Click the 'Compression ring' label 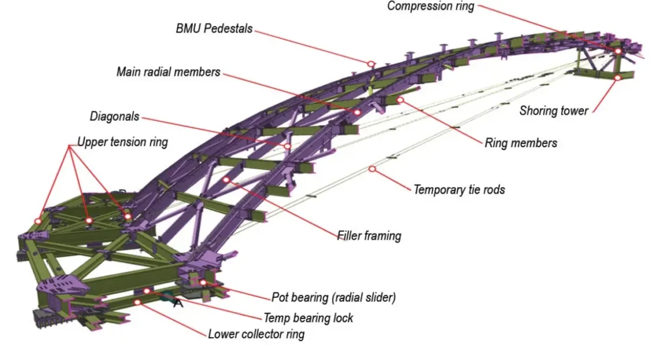(430, 6)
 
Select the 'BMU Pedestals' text (214, 29)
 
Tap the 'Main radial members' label (168, 72)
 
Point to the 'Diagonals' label (114, 117)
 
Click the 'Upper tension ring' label (123, 142)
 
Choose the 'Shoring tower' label (554, 110)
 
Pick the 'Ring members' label (521, 143)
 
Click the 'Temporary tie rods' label (459, 189)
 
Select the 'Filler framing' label (369, 236)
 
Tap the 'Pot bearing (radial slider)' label (334, 297)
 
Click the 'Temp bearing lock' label (308, 317)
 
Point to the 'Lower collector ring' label (256, 334)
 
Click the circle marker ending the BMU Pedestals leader (371, 64)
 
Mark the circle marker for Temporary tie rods (372, 169)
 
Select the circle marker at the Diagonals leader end (288, 146)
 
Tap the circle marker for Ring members (400, 100)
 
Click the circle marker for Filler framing (226, 180)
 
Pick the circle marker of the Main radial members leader (357, 112)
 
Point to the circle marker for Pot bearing (204, 283)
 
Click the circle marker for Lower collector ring (136, 302)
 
